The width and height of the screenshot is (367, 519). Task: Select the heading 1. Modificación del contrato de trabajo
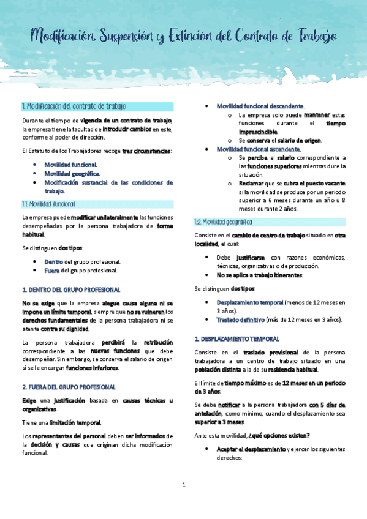[x=74, y=106]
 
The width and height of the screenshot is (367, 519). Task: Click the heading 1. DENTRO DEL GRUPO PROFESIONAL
[x=71, y=289]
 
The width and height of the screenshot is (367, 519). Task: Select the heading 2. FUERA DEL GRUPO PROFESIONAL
[x=69, y=370]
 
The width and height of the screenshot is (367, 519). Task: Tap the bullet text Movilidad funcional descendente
[x=261, y=106]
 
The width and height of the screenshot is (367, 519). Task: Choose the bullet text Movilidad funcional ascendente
[x=259, y=149]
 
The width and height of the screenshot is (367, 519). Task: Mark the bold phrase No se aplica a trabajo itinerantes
[x=259, y=275]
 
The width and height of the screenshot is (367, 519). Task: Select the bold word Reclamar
[x=252, y=184]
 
